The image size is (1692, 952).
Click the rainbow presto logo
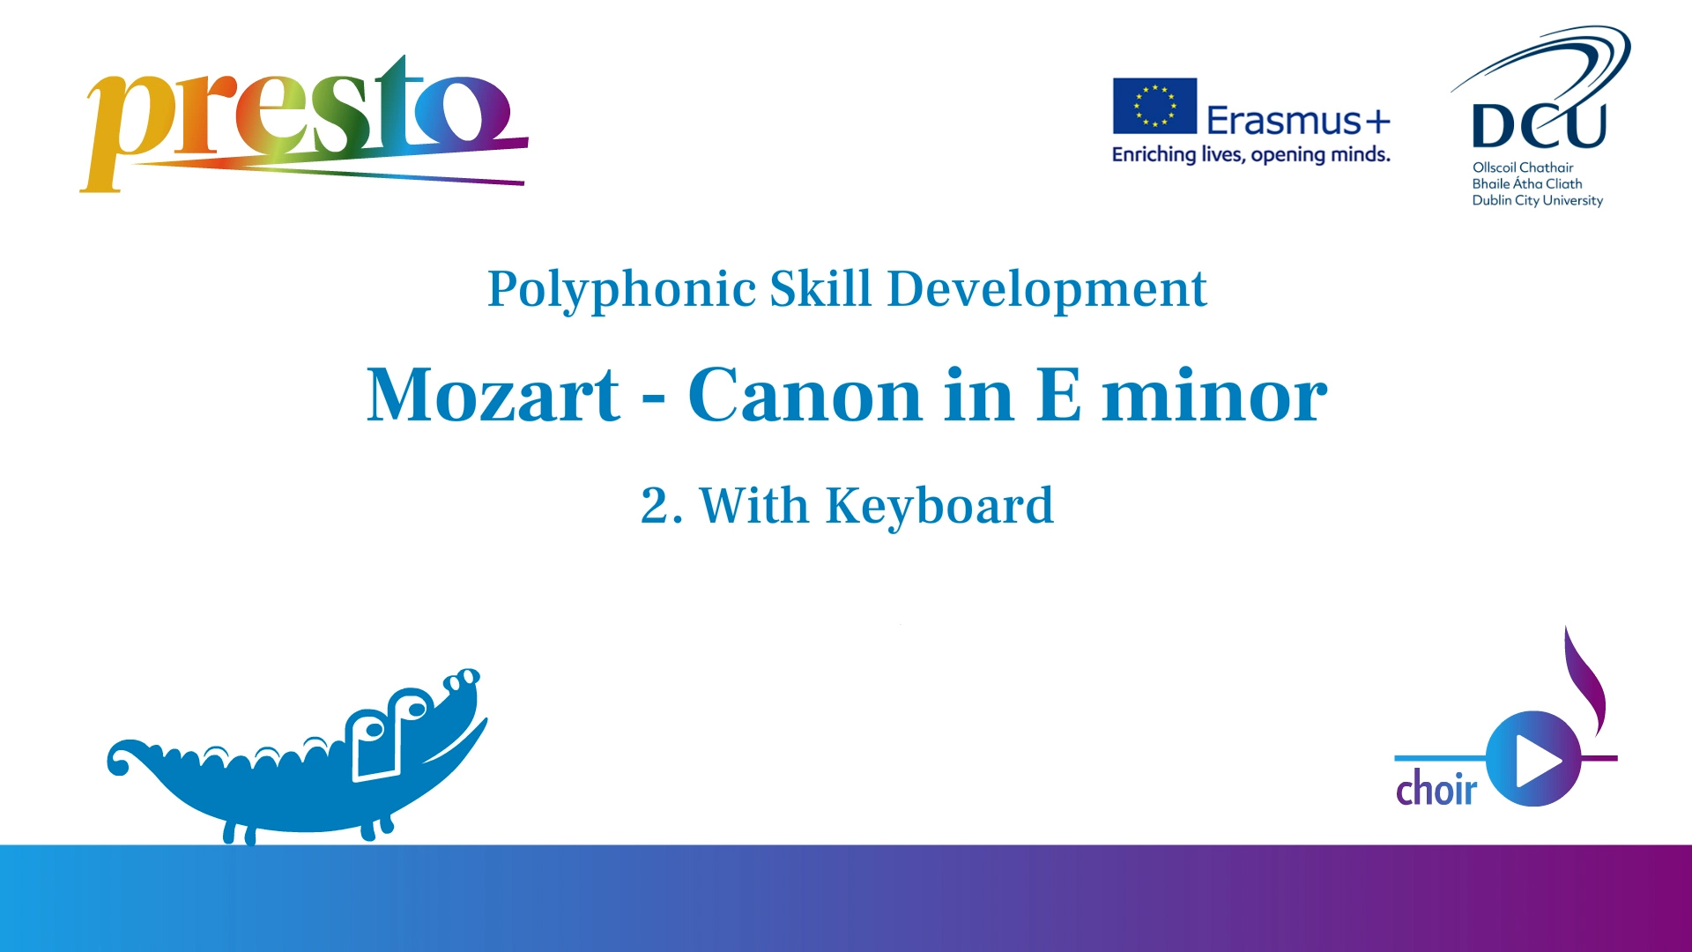304,123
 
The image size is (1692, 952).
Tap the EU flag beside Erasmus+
1154,106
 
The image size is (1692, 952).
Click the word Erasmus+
1298,120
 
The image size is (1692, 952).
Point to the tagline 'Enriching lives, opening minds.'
1250,155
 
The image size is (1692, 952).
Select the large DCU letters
1539,126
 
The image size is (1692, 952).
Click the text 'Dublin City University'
1538,201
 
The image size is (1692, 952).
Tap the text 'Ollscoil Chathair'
1523,167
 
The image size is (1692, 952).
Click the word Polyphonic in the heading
621,290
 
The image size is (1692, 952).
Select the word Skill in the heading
820,288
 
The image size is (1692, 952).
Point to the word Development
1047,290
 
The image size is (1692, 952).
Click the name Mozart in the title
493,395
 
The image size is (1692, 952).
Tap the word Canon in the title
805,395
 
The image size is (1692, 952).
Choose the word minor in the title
1214,395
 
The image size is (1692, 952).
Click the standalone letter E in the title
1058,395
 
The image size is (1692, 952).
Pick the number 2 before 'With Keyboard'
656,506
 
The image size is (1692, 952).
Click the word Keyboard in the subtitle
939,506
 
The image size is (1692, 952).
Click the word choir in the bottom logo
1436,787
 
